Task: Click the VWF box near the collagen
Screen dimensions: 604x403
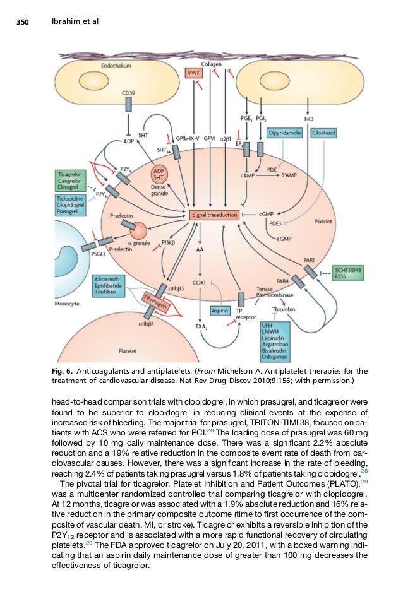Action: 193,73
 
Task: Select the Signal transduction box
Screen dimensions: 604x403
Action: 214,215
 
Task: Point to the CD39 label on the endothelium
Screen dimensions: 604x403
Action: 128,93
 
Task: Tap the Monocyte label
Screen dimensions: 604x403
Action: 68,303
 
